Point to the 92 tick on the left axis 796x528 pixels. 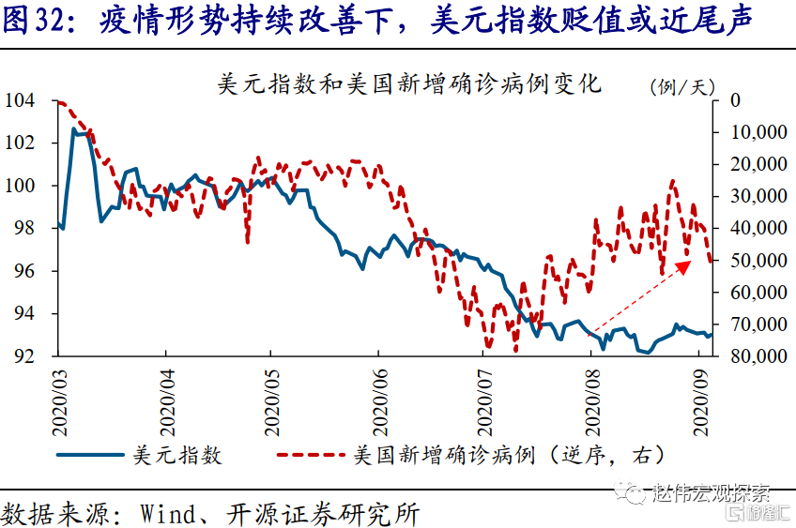(23, 356)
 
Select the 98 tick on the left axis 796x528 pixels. (23, 228)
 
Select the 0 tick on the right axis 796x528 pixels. (735, 100)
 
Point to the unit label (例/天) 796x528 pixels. (682, 86)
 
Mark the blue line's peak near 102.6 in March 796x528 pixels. (75, 129)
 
